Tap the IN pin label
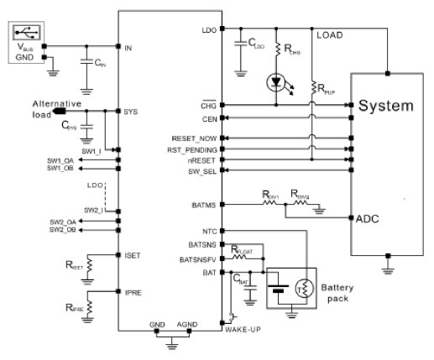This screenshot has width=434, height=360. pyautogui.click(x=128, y=47)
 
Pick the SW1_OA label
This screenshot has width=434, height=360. pyautogui.click(x=61, y=159)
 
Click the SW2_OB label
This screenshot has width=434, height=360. pyautogui.click(x=61, y=229)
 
